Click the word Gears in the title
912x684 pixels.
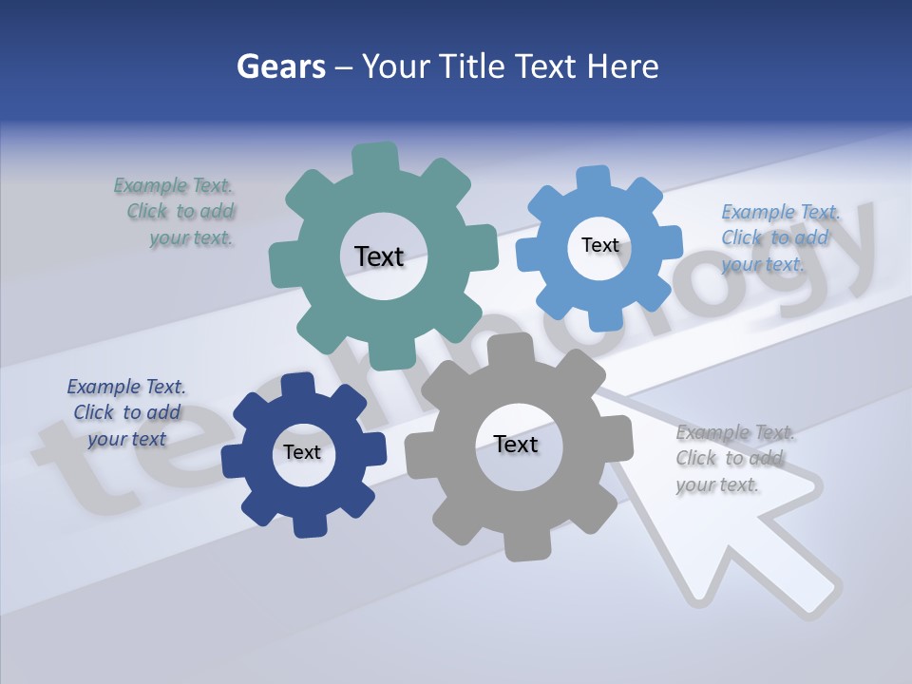pos(281,66)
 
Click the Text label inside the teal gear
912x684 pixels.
pos(379,256)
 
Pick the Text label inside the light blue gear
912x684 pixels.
pos(599,245)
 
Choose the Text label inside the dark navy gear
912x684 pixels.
pos(302,452)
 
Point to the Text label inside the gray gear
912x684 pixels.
pos(516,444)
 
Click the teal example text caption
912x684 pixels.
pos(178,212)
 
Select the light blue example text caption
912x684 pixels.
pos(778,237)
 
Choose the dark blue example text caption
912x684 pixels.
pos(126,412)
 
